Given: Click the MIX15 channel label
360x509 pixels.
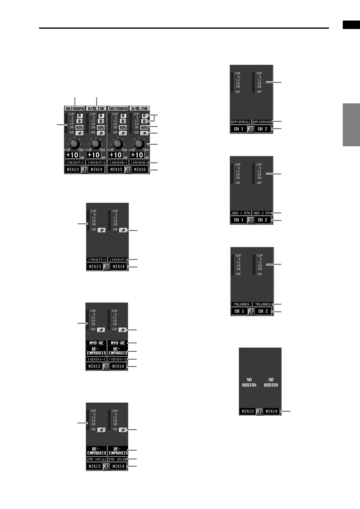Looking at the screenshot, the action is click(x=116, y=170).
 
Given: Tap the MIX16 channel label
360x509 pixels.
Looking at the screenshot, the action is click(x=140, y=170).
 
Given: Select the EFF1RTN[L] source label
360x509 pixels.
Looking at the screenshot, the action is click(x=241, y=122).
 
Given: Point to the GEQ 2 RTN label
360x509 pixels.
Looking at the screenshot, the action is click(x=263, y=213).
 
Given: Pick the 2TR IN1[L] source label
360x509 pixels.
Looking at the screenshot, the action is click(x=97, y=459).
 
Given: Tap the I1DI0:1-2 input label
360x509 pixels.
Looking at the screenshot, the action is click(x=118, y=359).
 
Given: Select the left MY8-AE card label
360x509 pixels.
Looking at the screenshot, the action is click(x=97, y=343).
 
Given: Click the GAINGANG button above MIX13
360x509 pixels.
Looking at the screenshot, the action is click(x=75, y=109).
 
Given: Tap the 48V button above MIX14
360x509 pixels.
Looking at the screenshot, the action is click(x=101, y=128).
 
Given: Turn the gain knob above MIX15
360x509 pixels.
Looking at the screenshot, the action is click(x=118, y=144).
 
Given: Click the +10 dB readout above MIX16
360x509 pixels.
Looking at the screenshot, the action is click(x=137, y=155).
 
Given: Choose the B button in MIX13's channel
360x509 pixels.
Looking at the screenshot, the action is click(x=80, y=121).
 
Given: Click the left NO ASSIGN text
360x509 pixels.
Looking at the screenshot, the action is click(x=249, y=382).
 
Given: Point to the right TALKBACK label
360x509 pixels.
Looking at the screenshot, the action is click(x=263, y=304).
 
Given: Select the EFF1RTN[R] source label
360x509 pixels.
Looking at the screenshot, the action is click(x=263, y=122).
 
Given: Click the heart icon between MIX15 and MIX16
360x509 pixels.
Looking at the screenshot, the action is click(x=128, y=170).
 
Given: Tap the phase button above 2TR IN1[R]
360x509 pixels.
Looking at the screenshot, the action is click(x=123, y=430).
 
